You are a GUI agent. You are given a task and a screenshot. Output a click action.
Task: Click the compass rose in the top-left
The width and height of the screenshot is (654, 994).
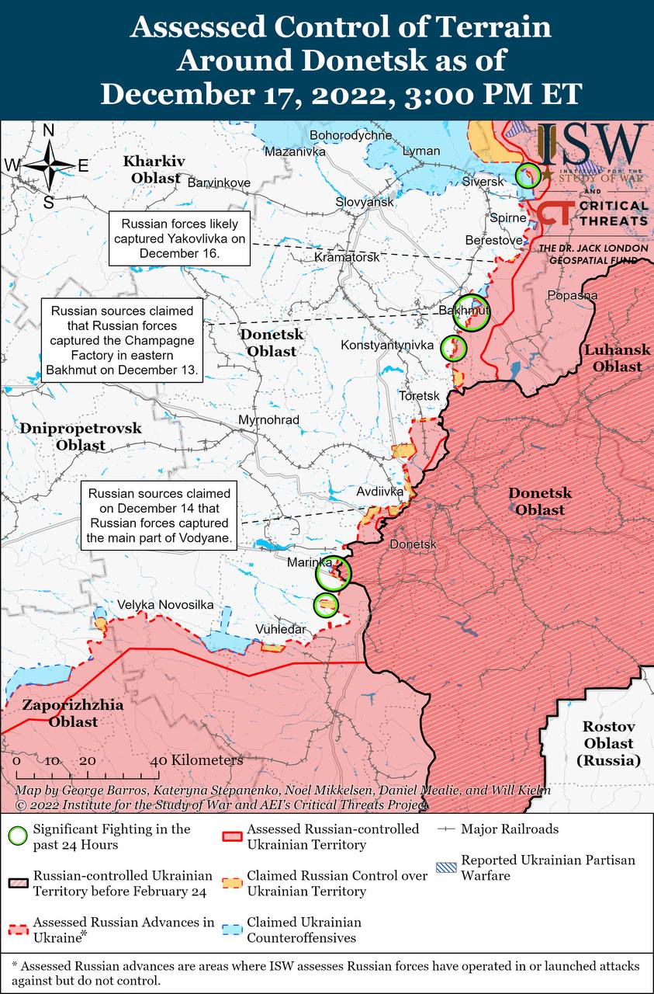[48, 165]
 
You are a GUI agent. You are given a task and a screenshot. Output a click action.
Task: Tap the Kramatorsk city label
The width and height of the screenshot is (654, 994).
[348, 256]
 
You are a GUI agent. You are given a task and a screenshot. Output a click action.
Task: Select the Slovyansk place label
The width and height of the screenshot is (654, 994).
[365, 202]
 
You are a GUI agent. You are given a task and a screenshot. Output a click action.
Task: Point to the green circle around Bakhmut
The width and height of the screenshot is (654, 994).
[472, 312]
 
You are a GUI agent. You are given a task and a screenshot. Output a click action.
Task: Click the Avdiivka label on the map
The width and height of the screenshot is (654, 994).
[379, 492]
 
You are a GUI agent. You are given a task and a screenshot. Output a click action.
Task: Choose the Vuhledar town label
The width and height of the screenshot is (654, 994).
[280, 629]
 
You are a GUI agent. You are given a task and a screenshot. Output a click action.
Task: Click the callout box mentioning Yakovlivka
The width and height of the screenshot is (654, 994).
[179, 236]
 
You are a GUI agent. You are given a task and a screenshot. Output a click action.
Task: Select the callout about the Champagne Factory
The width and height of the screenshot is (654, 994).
[123, 340]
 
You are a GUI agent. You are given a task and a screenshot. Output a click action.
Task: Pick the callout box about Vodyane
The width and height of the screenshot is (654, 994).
[159, 516]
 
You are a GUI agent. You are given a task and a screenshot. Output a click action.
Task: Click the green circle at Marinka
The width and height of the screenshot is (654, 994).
[334, 574]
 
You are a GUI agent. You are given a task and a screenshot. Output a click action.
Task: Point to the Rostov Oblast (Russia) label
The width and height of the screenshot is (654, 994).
[609, 744]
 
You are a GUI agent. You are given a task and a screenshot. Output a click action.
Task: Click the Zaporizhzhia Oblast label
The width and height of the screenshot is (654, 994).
[62, 714]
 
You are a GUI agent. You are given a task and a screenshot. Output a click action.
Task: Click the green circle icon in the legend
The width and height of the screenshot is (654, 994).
[18, 836]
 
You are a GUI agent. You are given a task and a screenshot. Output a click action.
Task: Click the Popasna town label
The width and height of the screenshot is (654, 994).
[572, 295]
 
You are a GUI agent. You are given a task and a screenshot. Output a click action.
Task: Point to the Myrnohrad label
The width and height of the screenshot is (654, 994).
[268, 420]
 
